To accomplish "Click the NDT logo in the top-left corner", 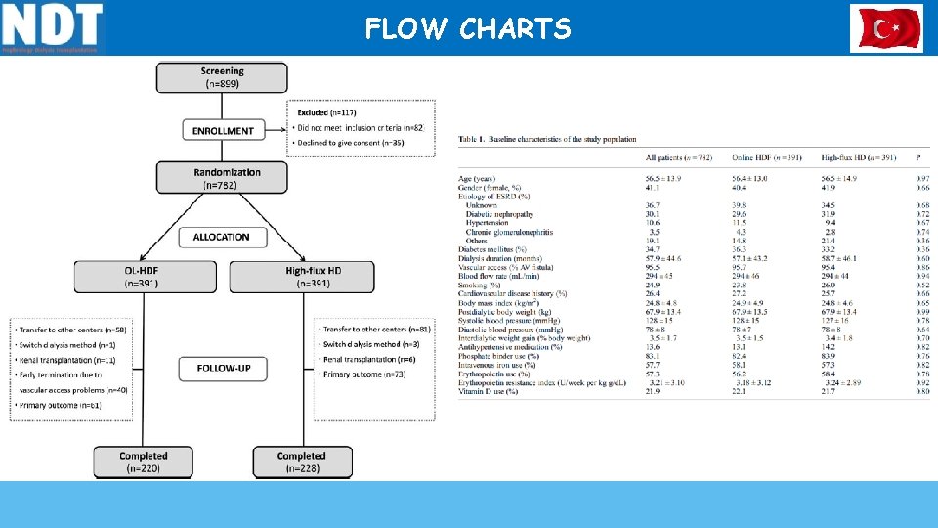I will pyautogui.click(x=53, y=27).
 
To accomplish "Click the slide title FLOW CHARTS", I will pyautogui.click(x=468, y=29).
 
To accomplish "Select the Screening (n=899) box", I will pyautogui.click(x=222, y=77).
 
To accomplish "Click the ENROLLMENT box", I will pyautogui.click(x=223, y=130).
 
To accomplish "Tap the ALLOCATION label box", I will pyautogui.click(x=222, y=237).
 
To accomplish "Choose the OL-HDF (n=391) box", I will pyautogui.click(x=143, y=276).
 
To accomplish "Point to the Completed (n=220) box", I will pyautogui.click(x=143, y=462).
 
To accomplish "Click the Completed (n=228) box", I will pyautogui.click(x=301, y=462).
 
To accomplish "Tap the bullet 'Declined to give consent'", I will pyautogui.click(x=350, y=143).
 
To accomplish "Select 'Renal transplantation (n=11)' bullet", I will pyautogui.click(x=68, y=360).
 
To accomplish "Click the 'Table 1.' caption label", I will pyautogui.click(x=472, y=140).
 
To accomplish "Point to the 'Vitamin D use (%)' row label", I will pyautogui.click(x=490, y=391).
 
